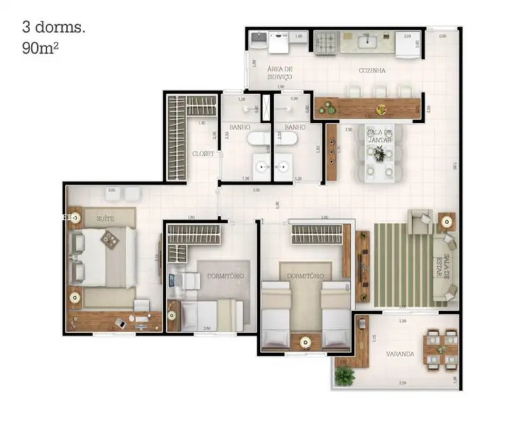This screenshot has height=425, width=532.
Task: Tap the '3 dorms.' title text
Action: [x=45, y=27]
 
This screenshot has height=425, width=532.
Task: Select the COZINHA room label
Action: [x=371, y=70]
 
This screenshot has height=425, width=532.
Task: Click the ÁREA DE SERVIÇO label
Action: [x=279, y=73]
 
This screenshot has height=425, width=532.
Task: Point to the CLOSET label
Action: [x=202, y=154]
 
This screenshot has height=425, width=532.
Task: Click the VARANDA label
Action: [x=399, y=354]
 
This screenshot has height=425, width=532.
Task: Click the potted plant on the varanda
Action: [x=344, y=375]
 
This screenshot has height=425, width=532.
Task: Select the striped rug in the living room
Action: [x=400, y=265]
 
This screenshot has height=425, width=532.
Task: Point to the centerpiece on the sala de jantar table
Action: [x=379, y=154]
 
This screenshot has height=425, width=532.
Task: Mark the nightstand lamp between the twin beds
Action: [x=304, y=340]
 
